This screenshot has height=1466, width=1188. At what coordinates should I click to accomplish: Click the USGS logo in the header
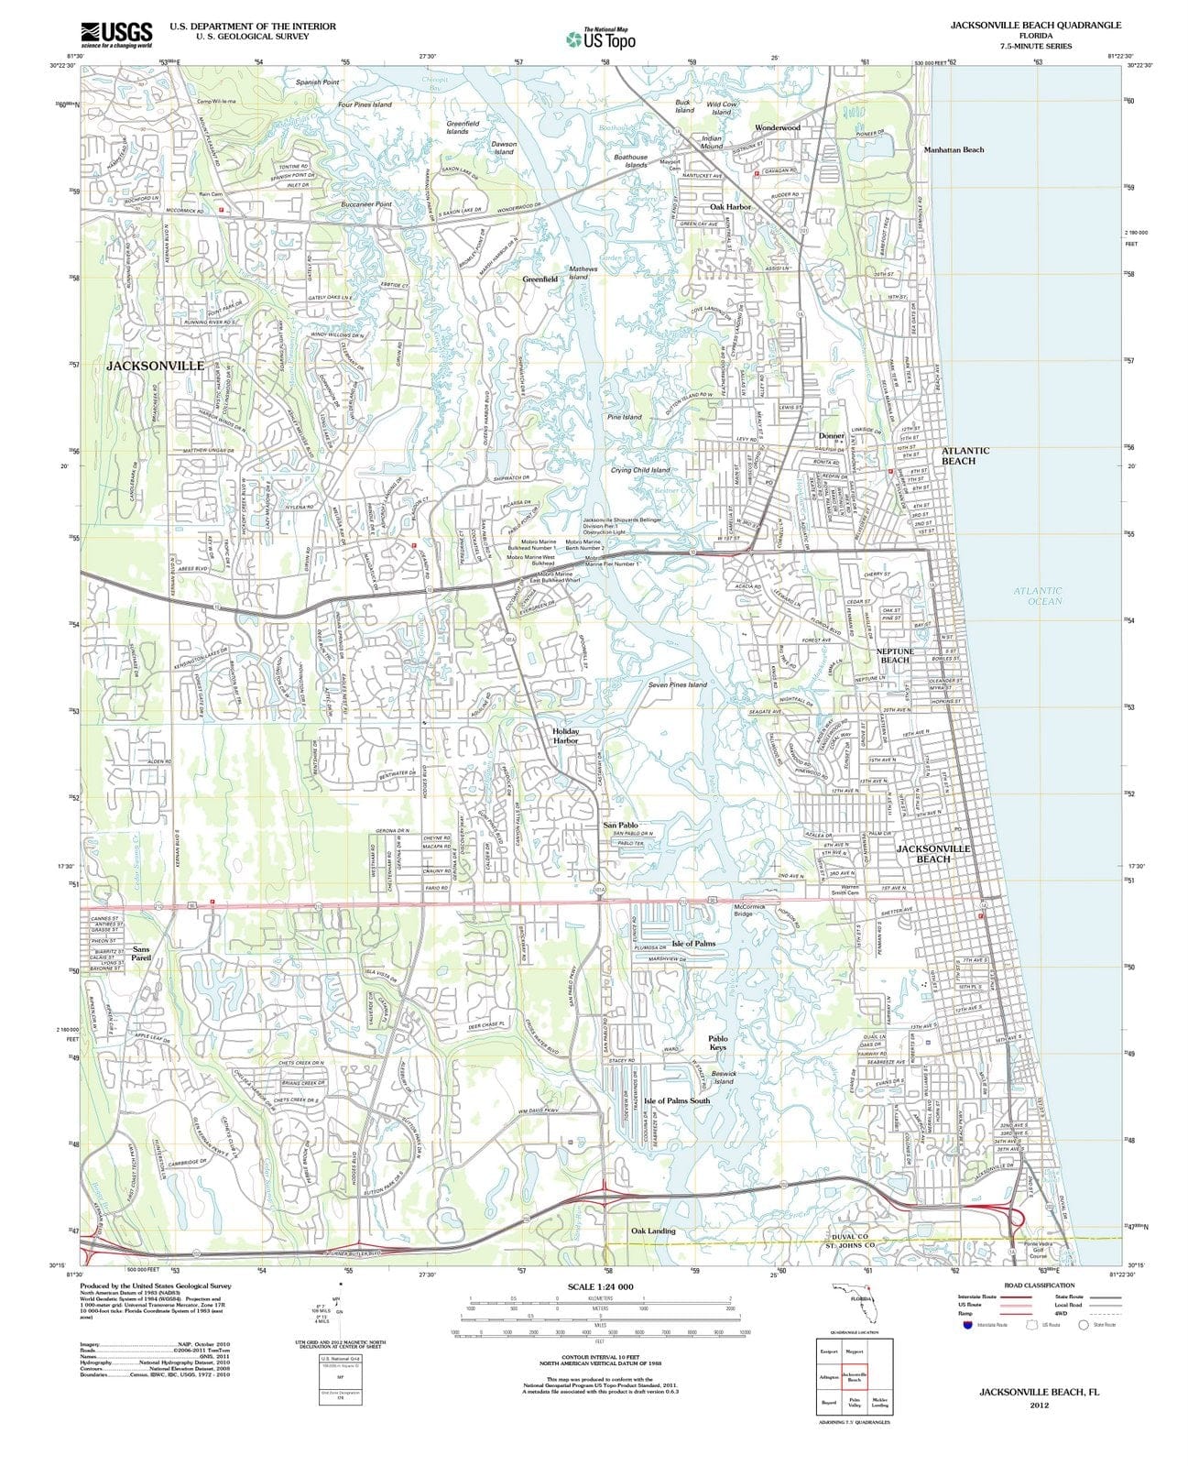click(116, 34)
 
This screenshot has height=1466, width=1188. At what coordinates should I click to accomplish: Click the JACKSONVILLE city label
click(155, 366)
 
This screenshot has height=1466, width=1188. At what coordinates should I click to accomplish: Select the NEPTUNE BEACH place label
click(894, 655)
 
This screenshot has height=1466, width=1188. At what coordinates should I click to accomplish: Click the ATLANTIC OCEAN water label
click(1038, 596)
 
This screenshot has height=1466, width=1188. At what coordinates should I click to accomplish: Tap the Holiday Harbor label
click(565, 735)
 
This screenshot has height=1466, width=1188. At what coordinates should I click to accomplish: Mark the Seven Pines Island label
click(677, 684)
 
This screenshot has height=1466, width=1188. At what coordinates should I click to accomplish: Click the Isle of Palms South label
click(676, 1100)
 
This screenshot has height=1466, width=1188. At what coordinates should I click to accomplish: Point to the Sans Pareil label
click(140, 954)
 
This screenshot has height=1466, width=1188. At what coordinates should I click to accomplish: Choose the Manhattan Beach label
click(954, 149)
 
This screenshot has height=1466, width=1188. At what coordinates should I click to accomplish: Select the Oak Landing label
click(653, 1231)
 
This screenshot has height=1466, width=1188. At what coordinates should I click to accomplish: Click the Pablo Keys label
click(718, 1043)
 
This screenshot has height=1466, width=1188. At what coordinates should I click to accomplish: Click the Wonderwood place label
click(777, 127)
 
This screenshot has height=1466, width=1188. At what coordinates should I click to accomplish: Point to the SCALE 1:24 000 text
click(600, 1286)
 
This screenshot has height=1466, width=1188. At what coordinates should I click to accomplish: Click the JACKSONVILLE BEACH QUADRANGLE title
click(1035, 25)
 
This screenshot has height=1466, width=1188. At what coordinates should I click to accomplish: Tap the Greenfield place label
click(540, 279)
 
